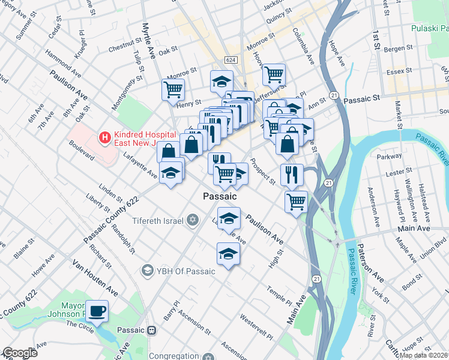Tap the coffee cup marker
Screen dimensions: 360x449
[97, 311]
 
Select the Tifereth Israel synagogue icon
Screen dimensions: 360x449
[192, 220]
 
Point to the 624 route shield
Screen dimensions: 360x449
[231, 60]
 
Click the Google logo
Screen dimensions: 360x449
[19, 353]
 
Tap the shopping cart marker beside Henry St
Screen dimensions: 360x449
[173, 90]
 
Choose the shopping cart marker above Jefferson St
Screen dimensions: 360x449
[274, 75]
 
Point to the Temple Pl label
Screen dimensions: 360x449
[279, 295]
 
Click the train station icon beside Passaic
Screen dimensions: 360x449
[152, 330]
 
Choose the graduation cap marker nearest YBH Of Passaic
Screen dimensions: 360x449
[228, 254]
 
